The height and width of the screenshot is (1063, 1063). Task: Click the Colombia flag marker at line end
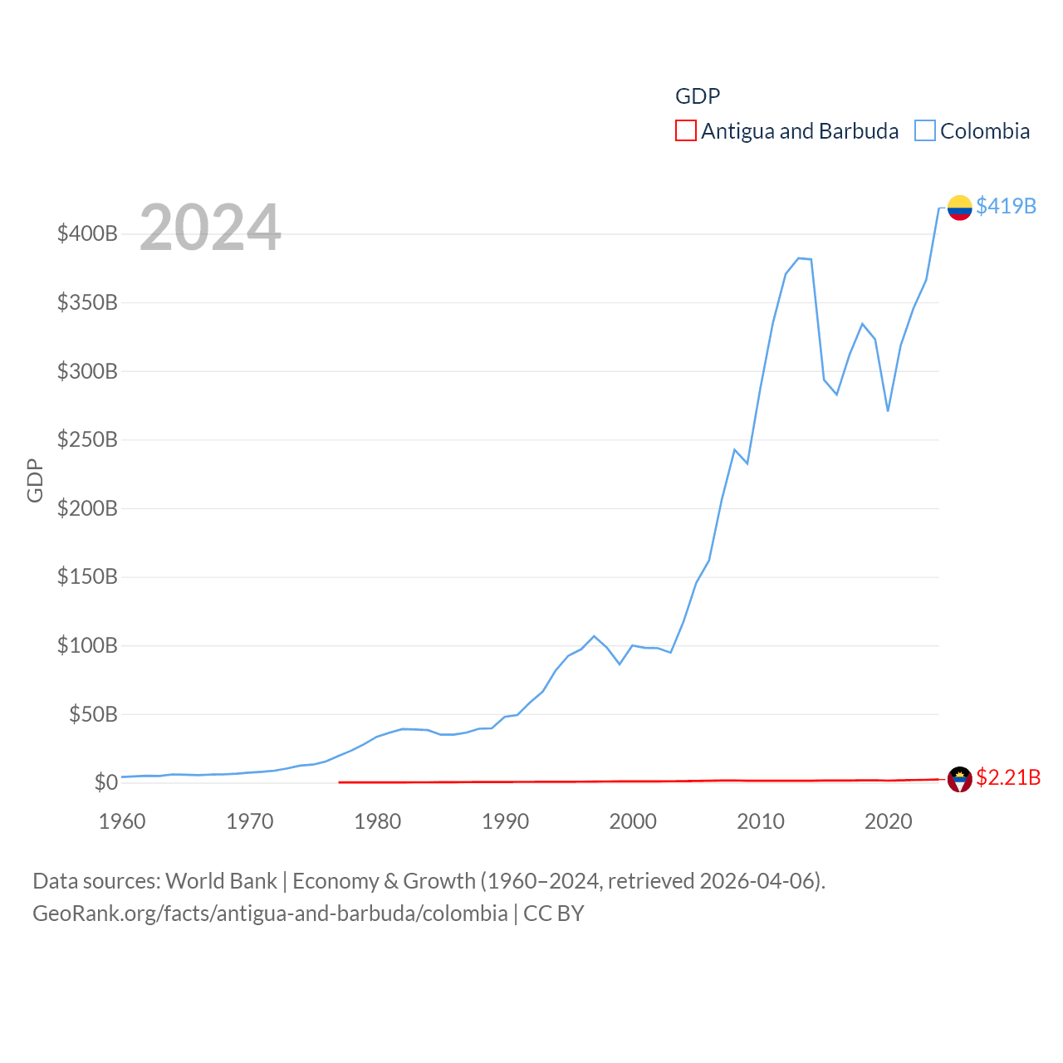959,208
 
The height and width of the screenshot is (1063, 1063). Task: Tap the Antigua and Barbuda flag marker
959,779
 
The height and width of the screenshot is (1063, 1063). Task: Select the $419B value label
1006,206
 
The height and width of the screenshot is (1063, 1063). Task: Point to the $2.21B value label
1007,777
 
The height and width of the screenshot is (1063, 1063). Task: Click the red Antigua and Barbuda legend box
685,131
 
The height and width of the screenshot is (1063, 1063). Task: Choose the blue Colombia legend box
924,131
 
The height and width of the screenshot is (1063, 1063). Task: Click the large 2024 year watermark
210,228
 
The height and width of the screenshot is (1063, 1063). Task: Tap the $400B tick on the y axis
87,233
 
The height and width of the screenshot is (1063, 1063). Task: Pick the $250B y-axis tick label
87,439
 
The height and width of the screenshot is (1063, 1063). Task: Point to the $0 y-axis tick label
105,782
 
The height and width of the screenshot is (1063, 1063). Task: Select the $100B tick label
87,645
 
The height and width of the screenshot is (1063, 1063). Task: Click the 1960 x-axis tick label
122,821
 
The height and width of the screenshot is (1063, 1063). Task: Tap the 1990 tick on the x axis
505,821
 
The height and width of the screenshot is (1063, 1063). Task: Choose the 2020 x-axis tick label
888,821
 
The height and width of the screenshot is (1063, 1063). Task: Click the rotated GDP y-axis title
35,480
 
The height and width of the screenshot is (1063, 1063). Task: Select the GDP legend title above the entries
698,96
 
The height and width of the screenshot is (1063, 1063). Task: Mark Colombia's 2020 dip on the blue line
888,410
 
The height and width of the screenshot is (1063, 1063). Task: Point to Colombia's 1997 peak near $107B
594,636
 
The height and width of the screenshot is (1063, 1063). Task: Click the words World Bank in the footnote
221,880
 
